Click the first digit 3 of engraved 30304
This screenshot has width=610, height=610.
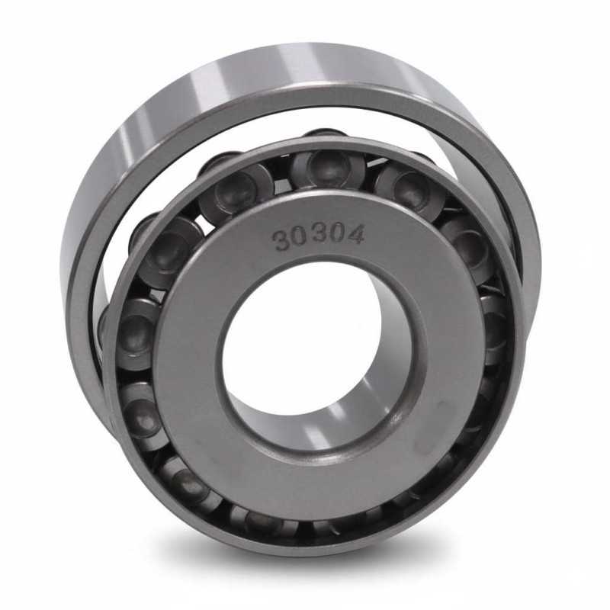pyautogui.click(x=282, y=240)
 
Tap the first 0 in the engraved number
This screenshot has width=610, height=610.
pyautogui.click(x=300, y=237)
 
